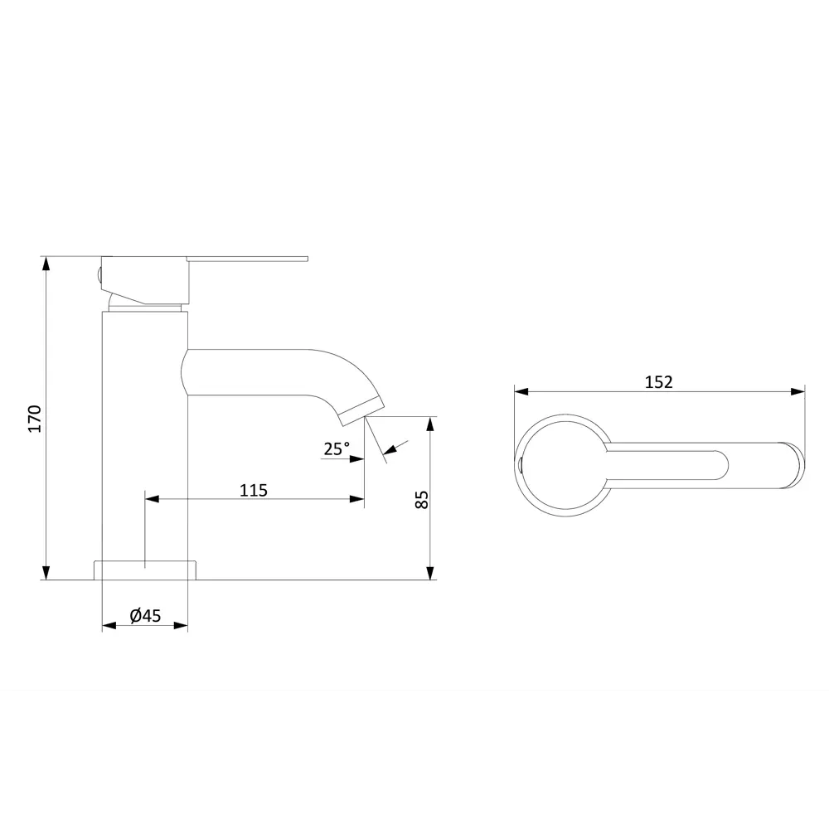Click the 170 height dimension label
pos(35,418)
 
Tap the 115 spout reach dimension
pos(254,490)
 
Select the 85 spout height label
pos(421,499)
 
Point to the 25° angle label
pos(337,448)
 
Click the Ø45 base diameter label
pos(145,615)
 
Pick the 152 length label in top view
pos(658,381)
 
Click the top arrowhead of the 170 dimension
pos(46,264)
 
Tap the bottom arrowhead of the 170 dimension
pos(46,573)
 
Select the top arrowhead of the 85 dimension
pos(431,424)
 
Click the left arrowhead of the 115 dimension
pos(153,498)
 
